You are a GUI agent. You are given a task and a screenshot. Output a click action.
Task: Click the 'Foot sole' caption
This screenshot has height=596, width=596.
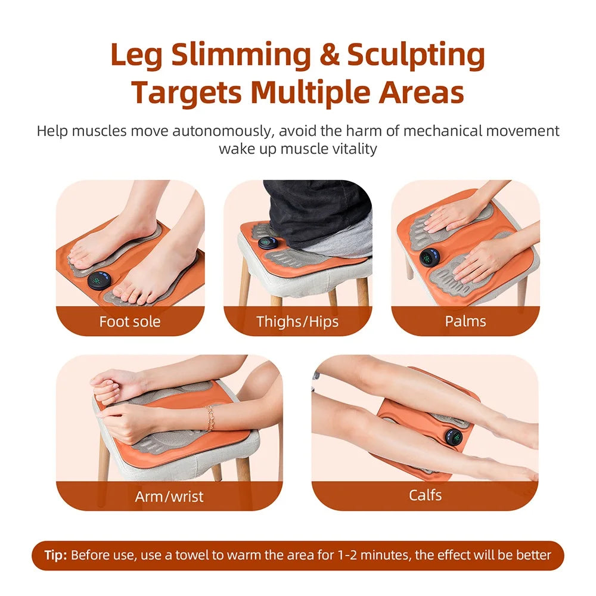(x=130, y=322)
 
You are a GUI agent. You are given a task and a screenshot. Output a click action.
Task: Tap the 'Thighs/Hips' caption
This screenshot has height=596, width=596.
(x=297, y=322)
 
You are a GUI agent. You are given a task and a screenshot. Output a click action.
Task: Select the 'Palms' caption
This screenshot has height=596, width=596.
(x=465, y=321)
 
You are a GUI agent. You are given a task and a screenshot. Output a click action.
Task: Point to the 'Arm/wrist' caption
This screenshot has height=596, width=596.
(x=169, y=496)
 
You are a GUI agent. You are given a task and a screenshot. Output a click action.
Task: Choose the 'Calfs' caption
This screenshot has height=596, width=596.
(x=425, y=495)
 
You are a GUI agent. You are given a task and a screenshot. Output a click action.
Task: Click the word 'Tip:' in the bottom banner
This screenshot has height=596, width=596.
(x=56, y=555)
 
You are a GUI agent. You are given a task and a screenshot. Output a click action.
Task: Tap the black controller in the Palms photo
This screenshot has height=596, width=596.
(x=429, y=257)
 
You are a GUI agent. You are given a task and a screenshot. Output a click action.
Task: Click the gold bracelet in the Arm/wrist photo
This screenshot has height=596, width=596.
(x=210, y=418)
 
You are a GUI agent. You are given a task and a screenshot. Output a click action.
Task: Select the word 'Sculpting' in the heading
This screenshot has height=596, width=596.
(x=416, y=56)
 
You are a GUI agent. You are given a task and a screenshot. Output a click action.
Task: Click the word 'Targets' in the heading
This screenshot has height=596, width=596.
(x=187, y=93)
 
